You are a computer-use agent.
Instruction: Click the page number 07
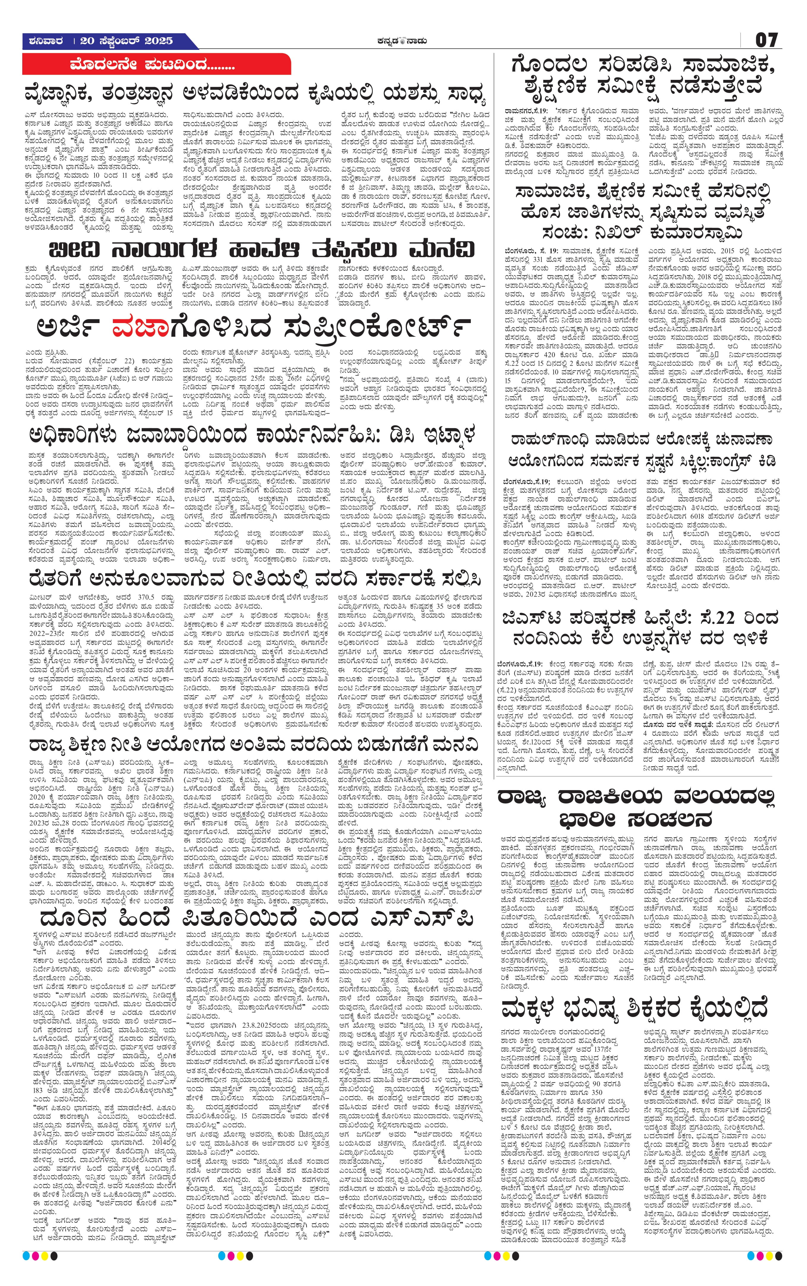pos(766,41)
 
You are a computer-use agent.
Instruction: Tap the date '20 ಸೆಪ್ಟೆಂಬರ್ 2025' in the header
pos(127,41)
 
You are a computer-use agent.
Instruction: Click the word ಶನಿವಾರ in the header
pos(44,41)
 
